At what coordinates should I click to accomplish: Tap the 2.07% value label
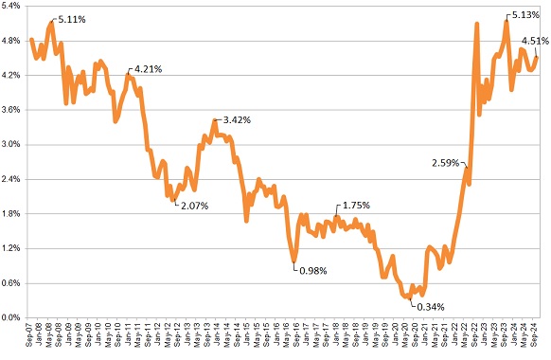coord(192,205)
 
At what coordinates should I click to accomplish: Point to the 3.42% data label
coord(237,120)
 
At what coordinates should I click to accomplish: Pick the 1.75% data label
coord(355,206)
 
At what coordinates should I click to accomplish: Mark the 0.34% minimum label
coord(431,306)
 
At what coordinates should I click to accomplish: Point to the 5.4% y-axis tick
coord(13,7)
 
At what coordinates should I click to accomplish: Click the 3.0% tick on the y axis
coord(13,145)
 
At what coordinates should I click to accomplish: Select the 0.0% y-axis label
coord(13,317)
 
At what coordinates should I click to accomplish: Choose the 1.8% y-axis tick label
coord(13,214)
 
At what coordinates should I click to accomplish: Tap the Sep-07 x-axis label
coord(31,336)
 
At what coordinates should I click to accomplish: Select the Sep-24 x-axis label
coord(537,336)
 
